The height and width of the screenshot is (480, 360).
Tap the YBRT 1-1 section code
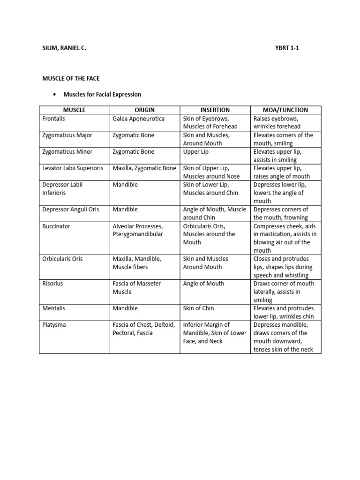click(x=289, y=48)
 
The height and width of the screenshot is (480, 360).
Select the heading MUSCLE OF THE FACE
click(x=71, y=78)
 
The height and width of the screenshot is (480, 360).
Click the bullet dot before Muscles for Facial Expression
click(x=55, y=95)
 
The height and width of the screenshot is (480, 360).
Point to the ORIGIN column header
click(x=144, y=110)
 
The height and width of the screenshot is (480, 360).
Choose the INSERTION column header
click(x=215, y=110)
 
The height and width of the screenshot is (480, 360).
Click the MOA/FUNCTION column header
click(x=285, y=110)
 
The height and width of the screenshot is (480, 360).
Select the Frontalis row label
click(x=54, y=119)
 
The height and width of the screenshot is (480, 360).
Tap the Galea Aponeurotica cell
click(x=139, y=119)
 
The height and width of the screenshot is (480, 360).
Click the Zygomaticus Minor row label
click(x=67, y=152)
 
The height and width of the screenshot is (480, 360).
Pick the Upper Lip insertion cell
click(x=196, y=152)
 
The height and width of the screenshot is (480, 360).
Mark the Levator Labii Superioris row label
click(x=73, y=168)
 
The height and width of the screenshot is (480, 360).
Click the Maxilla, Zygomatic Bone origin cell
click(x=144, y=168)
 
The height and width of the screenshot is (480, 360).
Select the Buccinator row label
click(x=56, y=226)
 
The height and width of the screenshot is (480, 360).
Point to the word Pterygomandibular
click(x=138, y=234)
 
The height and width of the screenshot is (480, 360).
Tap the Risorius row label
click(x=53, y=284)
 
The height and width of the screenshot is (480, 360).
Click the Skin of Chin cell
click(x=199, y=308)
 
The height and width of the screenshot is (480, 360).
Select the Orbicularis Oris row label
click(x=62, y=259)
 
